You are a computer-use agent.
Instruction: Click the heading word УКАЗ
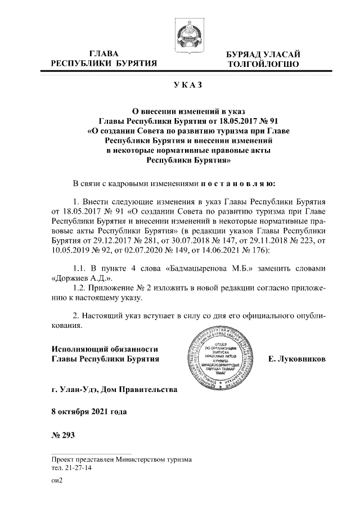tap(180, 85)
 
